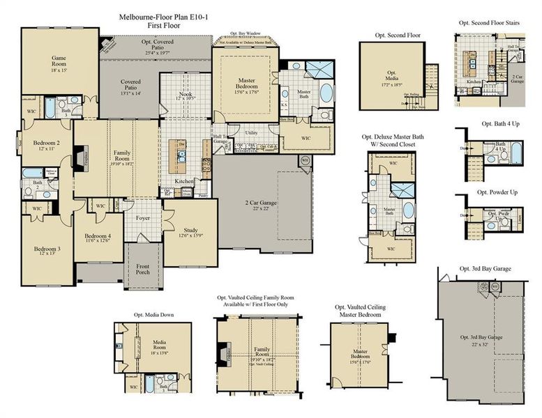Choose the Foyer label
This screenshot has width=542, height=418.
(142, 217)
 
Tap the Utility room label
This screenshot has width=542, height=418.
(252, 132)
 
